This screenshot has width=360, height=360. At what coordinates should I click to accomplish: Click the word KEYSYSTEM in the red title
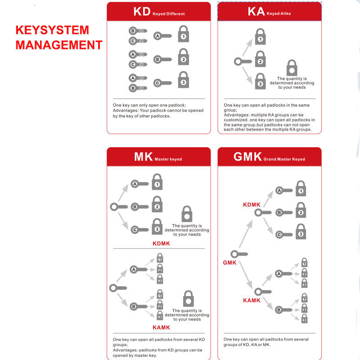52,30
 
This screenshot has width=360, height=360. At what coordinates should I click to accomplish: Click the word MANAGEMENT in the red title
59,45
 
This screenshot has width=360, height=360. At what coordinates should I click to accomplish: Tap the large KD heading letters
142,12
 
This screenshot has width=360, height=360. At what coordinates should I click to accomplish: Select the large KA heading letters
256,11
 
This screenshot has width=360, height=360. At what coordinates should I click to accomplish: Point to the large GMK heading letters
247,157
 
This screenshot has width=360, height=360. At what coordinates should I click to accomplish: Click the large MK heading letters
144,157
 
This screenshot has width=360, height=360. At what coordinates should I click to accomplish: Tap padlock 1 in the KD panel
184,34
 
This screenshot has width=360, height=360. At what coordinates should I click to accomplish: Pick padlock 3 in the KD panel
184,80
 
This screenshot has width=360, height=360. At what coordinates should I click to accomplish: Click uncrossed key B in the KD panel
162,59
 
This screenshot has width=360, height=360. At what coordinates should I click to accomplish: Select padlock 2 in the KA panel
261,59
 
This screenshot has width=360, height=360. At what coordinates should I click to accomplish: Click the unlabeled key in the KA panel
243,62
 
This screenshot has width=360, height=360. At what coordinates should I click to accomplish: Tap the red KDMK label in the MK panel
161,243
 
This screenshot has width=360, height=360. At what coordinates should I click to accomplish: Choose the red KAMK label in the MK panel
161,328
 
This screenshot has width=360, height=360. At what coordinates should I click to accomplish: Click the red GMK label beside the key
229,263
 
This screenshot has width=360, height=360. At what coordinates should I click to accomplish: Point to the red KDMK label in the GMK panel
252,205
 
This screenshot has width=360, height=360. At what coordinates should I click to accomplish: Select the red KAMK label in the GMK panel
252,301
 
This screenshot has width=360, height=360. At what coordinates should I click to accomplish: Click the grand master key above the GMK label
239,254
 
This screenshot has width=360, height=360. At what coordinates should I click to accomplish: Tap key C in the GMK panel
284,234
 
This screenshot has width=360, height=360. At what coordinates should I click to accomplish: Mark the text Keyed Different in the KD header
168,14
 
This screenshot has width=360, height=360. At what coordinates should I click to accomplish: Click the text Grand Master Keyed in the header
284,159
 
